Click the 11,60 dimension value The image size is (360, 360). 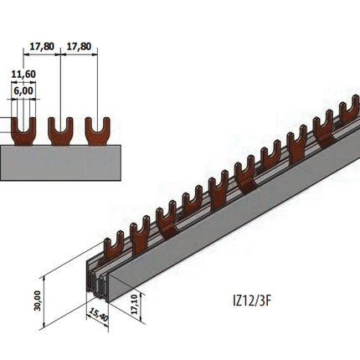point(23,75)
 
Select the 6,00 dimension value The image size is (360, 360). point(23,90)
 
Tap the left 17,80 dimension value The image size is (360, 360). point(42,47)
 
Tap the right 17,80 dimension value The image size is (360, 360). point(79,47)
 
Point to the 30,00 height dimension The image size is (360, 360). point(38,301)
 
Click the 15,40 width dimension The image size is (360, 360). point(97,317)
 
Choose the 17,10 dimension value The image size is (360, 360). point(135,305)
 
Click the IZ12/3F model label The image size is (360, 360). point(252,301)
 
